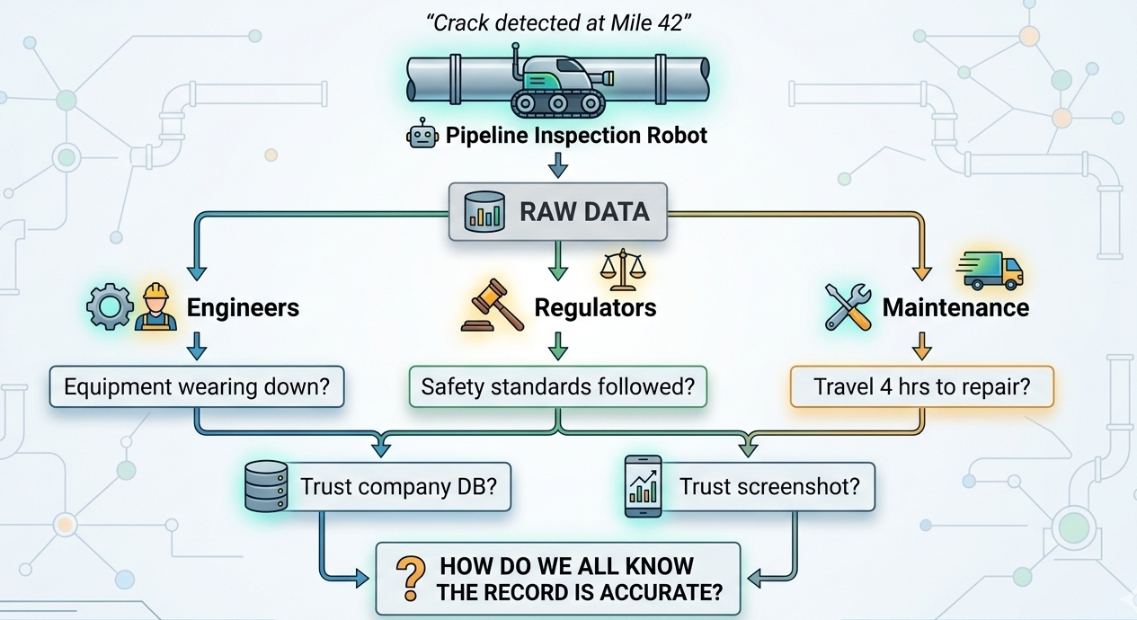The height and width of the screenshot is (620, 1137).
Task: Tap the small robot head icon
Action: (422, 137)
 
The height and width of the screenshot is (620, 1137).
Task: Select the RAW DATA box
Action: (557, 212)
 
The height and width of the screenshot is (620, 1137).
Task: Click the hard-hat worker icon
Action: (155, 307)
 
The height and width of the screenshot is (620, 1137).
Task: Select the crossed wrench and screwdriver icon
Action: (848, 307)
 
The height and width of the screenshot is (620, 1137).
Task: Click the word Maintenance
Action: (955, 307)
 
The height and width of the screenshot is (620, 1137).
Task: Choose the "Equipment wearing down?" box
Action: (197, 387)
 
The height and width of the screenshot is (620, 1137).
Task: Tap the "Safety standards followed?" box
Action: (557, 387)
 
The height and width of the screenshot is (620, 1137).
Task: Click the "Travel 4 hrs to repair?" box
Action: (921, 387)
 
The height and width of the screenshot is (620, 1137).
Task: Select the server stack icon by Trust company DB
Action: (266, 485)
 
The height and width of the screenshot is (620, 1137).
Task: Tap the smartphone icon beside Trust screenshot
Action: (643, 485)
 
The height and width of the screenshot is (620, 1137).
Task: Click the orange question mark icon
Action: (411, 578)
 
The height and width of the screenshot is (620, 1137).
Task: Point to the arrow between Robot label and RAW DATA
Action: (557, 165)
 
